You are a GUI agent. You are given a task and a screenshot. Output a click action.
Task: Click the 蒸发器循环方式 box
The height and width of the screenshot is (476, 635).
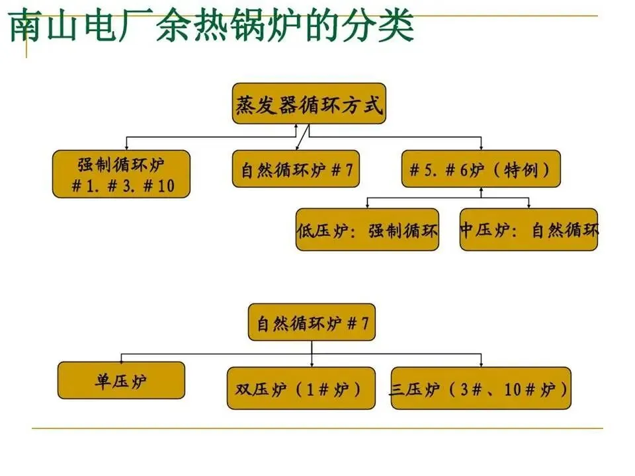(x=309, y=103)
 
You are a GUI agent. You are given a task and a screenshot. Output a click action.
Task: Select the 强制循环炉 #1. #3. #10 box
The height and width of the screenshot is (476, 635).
(x=121, y=174)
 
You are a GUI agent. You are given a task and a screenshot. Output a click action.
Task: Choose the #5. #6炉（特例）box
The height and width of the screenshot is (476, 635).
(x=481, y=170)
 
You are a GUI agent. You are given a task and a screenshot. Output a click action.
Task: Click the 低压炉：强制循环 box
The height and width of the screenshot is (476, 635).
(x=367, y=230)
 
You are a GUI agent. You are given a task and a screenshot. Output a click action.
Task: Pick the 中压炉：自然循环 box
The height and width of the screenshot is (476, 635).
(x=529, y=230)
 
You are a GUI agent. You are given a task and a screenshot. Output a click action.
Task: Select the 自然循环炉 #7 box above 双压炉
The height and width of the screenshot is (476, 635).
(x=312, y=322)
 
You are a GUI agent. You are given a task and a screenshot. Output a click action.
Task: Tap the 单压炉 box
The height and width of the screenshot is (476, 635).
(x=121, y=380)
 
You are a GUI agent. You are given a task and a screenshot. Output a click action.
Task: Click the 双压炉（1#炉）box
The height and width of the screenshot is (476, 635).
(x=301, y=388)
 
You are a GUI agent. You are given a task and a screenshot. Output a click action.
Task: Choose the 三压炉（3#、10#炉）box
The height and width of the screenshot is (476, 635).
(x=481, y=388)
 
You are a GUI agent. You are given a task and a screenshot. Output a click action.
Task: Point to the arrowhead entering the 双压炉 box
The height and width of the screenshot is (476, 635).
(x=312, y=364)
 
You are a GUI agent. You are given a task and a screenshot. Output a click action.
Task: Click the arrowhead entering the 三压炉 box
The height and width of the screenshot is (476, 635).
(x=481, y=364)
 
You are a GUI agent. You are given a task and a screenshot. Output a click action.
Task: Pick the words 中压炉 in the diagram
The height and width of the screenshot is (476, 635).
(x=483, y=230)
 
